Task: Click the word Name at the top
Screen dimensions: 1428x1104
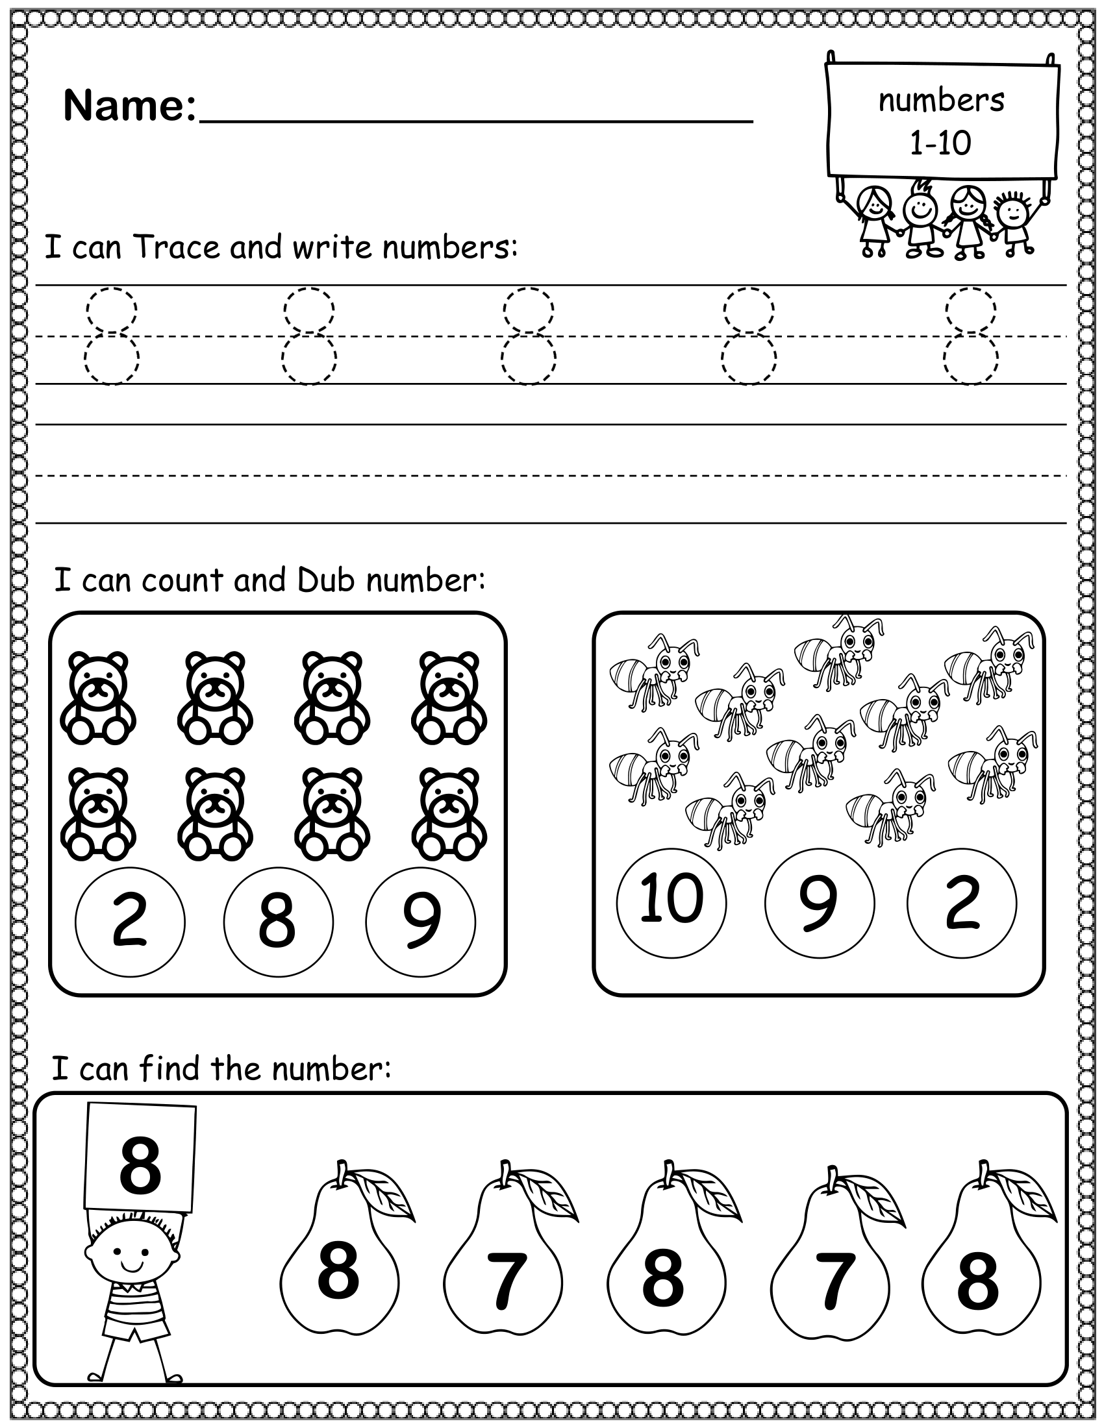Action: [x=129, y=106]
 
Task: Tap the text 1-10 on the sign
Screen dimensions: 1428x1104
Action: [x=940, y=143]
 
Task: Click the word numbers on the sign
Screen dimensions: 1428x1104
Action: [x=940, y=101]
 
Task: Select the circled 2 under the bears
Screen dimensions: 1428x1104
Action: [x=130, y=922]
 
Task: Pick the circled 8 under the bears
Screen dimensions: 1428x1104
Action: [x=278, y=922]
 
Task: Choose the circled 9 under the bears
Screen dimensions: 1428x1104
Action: [x=421, y=922]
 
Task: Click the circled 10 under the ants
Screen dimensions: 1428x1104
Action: [x=671, y=902]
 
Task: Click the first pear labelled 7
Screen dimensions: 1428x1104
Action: [x=503, y=1277]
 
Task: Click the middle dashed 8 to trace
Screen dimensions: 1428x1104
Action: [x=529, y=336]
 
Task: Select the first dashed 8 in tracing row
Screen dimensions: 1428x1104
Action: [x=112, y=336]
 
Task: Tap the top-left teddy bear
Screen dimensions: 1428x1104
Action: [x=98, y=698]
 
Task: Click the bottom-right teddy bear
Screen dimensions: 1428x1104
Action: [x=449, y=814]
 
